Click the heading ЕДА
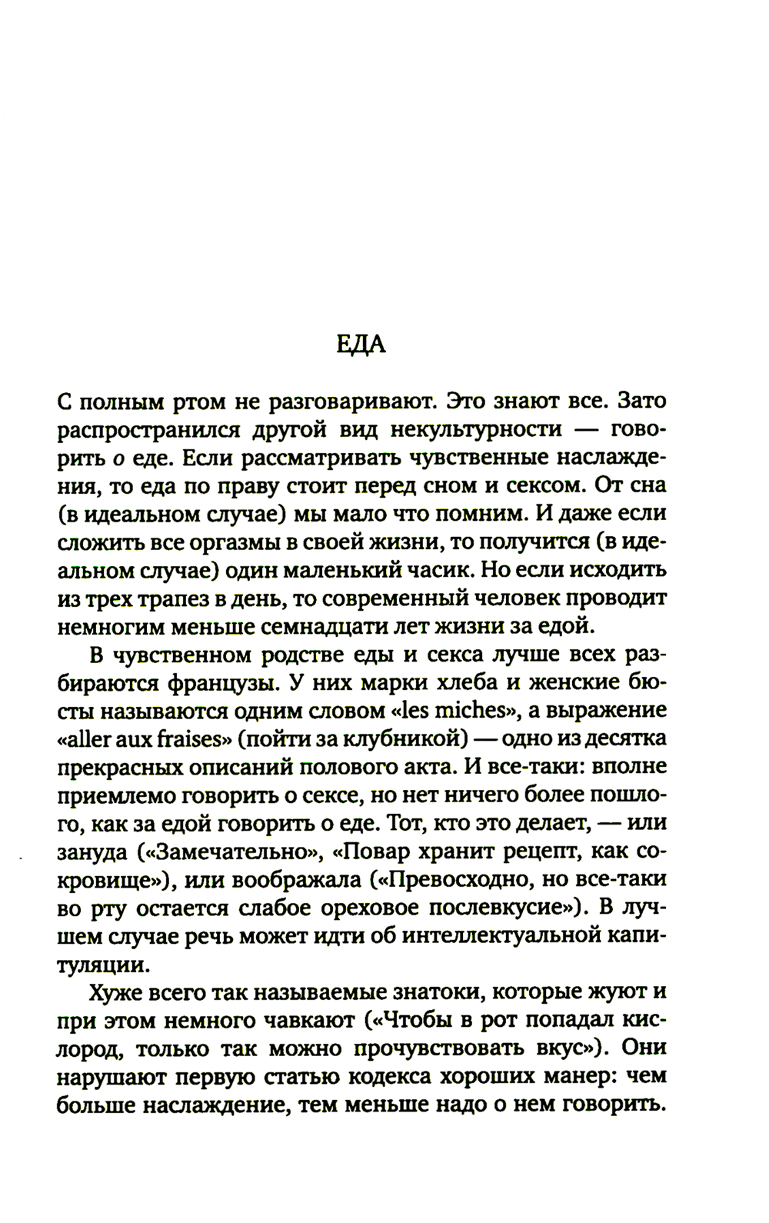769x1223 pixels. (361, 345)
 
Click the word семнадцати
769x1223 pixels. (351, 626)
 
